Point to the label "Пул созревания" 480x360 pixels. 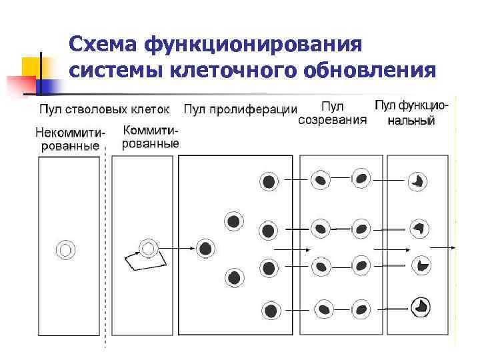[x=332, y=113]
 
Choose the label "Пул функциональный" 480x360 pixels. [x=411, y=113]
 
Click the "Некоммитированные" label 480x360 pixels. [x=70, y=139]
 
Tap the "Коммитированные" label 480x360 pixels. [x=151, y=136]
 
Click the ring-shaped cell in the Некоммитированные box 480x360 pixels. [x=65, y=250]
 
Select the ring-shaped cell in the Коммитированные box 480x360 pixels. [x=148, y=249]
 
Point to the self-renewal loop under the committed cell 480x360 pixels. [x=146, y=261]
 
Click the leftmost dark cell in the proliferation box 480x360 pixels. [x=206, y=249]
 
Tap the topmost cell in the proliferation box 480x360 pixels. [x=269, y=181]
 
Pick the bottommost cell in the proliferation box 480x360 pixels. [x=271, y=310]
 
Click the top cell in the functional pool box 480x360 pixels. [x=419, y=180]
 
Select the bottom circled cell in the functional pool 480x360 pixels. [x=421, y=306]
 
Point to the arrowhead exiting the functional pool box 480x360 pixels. [x=454, y=249]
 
